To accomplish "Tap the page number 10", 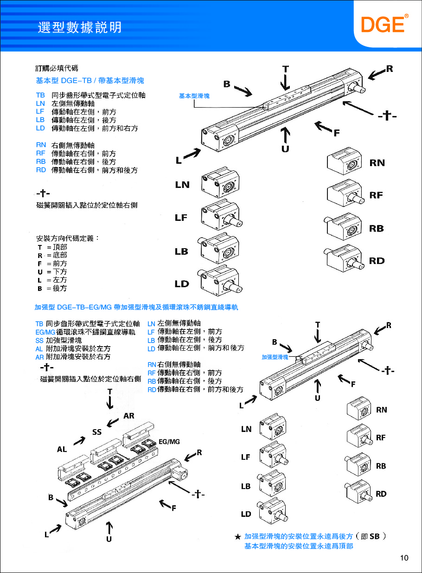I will tap(404, 558).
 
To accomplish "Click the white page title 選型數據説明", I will tap(79, 27).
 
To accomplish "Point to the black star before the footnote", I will tap(237, 537).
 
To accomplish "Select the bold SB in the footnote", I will tap(374, 536).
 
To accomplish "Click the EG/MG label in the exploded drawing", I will tap(169, 442).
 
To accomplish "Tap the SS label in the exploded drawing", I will tap(96, 432).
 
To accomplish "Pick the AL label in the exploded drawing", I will tap(62, 449).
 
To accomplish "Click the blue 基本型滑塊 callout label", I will tap(194, 96).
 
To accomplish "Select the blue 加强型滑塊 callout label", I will tap(275, 357).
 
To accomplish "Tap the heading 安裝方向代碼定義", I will tap(68, 238).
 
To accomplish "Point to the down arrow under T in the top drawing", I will tap(286, 83).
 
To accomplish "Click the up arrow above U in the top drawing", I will tap(286, 135).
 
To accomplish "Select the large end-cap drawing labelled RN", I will tap(345, 162).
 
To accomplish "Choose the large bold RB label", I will tap(377, 229).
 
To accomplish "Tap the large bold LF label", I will tap(181, 218).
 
